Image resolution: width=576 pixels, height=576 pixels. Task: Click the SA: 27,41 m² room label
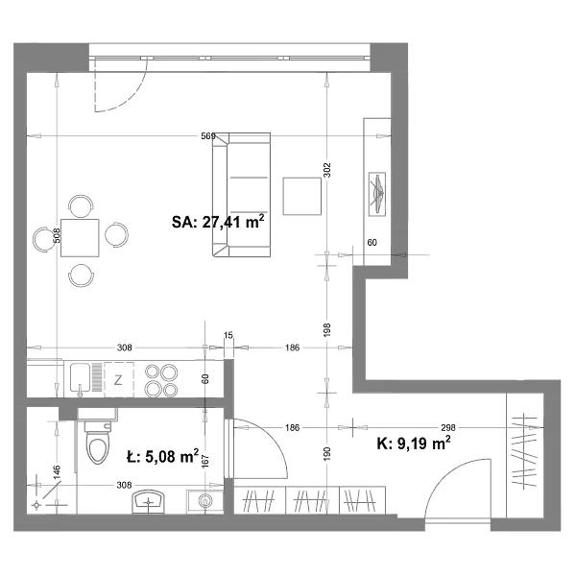coord(218,222)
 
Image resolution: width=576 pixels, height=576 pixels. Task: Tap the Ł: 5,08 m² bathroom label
coord(162,457)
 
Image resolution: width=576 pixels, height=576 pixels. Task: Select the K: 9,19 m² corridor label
coord(414,443)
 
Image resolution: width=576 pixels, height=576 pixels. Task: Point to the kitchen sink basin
coord(80,377)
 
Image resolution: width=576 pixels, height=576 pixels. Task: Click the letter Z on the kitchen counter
coord(118,380)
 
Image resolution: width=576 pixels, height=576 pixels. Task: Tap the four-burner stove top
coord(161,380)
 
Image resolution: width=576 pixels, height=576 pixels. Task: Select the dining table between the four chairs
coord(80,238)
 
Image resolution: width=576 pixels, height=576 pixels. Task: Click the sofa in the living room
coord(241,195)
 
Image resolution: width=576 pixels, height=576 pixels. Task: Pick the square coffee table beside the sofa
coord(302,196)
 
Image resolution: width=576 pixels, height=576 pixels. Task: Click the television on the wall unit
coord(377,193)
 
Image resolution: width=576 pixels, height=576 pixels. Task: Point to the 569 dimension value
coord(208,136)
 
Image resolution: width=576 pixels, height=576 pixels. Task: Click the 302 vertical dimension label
coord(327,170)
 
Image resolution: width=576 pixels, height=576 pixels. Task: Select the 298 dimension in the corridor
coord(448,427)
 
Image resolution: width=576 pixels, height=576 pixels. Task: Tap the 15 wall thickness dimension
coord(228,335)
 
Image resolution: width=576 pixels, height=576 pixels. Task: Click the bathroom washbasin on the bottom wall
coord(149,501)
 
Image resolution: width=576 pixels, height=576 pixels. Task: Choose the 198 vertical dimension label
coord(327,329)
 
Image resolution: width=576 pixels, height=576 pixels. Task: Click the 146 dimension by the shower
coord(58,472)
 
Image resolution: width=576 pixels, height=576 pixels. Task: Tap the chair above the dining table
coord(81,205)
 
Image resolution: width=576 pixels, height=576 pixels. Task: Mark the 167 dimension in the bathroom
coord(205,461)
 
